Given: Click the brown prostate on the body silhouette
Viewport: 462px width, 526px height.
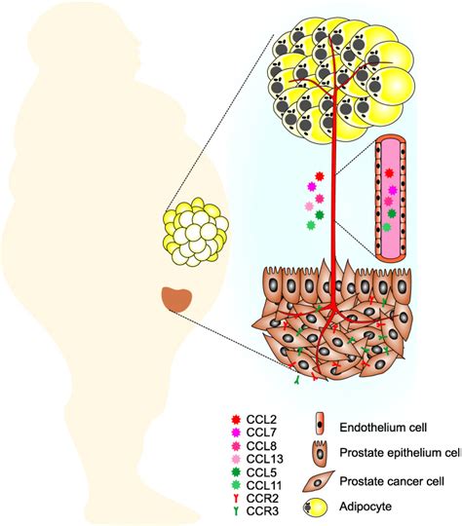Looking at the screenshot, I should (x=176, y=299).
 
